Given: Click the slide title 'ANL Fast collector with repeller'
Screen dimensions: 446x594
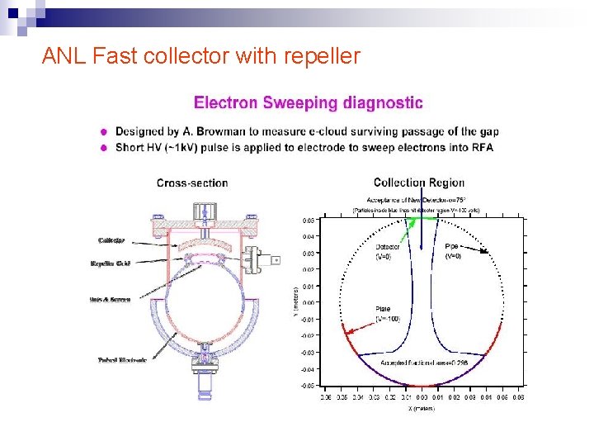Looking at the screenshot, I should [x=200, y=56].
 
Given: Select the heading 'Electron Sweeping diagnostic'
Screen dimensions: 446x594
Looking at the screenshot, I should [x=308, y=103].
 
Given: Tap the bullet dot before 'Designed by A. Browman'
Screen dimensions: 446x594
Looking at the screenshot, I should [x=103, y=131].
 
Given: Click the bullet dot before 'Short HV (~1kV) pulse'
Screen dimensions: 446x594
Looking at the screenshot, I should [x=103, y=148].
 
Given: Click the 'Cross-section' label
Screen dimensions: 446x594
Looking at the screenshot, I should [x=192, y=183].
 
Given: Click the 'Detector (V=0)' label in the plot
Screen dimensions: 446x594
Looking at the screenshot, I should [x=388, y=251].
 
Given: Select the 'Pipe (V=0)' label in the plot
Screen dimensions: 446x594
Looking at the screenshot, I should [x=454, y=251].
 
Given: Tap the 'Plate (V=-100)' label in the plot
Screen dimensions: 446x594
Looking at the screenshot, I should [x=389, y=313].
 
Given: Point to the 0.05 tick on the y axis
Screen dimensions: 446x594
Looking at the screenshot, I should [x=308, y=221].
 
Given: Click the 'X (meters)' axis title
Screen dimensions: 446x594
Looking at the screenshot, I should [x=422, y=408].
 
